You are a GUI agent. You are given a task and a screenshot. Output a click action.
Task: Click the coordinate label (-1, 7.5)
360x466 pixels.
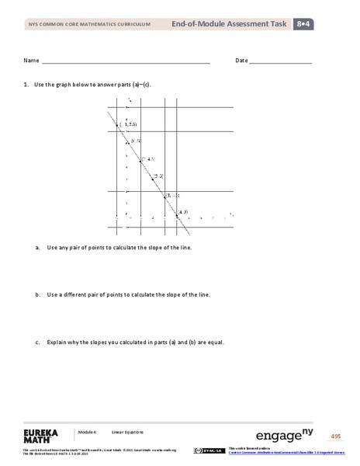click(128, 124)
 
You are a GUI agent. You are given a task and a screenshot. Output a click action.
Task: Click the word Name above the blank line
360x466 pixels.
click(31, 61)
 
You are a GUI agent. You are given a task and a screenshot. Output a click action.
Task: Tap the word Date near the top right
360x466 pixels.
click(241, 61)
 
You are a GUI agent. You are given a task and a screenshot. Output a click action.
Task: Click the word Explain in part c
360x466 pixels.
click(58, 342)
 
